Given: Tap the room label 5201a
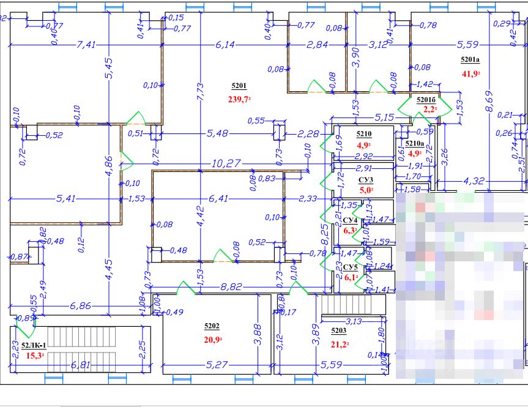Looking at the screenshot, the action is (x=470, y=60).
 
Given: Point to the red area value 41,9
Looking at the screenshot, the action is (x=470, y=74).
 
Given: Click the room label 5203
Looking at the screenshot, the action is (x=338, y=330).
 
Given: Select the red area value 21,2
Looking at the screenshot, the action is (x=340, y=344).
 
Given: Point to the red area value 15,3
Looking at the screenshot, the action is (x=34, y=355).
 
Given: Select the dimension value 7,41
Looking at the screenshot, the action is (x=87, y=45).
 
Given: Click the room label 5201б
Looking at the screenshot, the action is (x=426, y=100).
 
